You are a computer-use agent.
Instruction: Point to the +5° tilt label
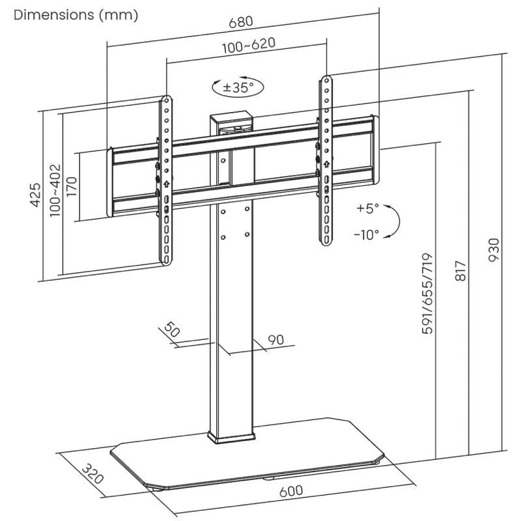coord(367,209)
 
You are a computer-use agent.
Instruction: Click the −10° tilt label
coord(367,235)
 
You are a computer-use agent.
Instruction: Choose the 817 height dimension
coord(460,270)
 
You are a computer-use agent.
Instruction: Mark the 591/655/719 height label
coord(428,294)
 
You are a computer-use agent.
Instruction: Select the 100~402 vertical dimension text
coord(55,190)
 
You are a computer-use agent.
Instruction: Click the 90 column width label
coord(276,339)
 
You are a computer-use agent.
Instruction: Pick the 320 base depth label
coord(94,473)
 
